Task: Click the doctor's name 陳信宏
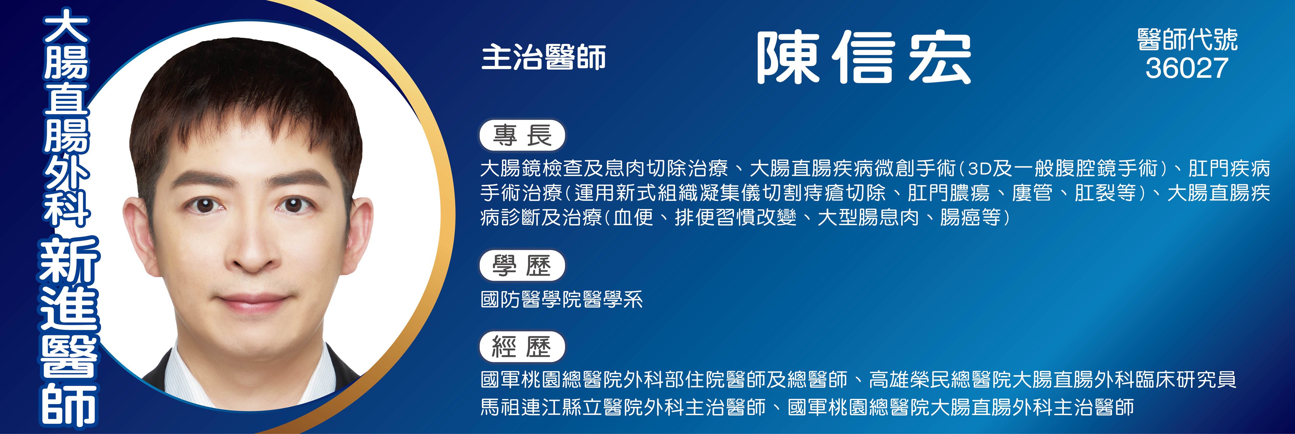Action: click(x=864, y=57)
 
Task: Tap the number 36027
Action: click(x=1187, y=68)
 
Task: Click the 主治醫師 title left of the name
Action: click(x=543, y=57)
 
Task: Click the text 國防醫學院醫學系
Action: click(x=562, y=300)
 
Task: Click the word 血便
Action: click(x=633, y=217)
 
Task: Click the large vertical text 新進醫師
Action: click(x=69, y=333)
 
